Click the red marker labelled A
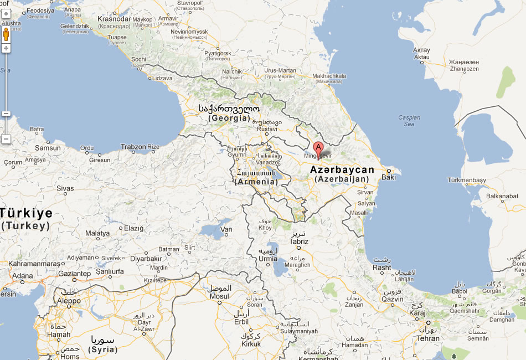click(x=318, y=148)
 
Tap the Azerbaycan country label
click(x=342, y=170)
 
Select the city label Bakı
click(x=389, y=177)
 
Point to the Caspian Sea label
click(x=409, y=121)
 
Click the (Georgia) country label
click(x=229, y=118)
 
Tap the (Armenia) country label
click(x=256, y=182)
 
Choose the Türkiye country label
click(x=27, y=213)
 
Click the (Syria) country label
click(x=103, y=349)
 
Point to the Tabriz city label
click(x=299, y=241)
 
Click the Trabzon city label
click(x=133, y=147)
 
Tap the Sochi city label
click(x=138, y=59)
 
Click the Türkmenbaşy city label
click(x=466, y=181)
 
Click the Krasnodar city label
click(x=114, y=18)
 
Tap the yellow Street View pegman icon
click(x=6, y=34)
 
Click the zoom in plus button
click(x=6, y=48)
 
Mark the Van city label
click(x=226, y=229)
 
